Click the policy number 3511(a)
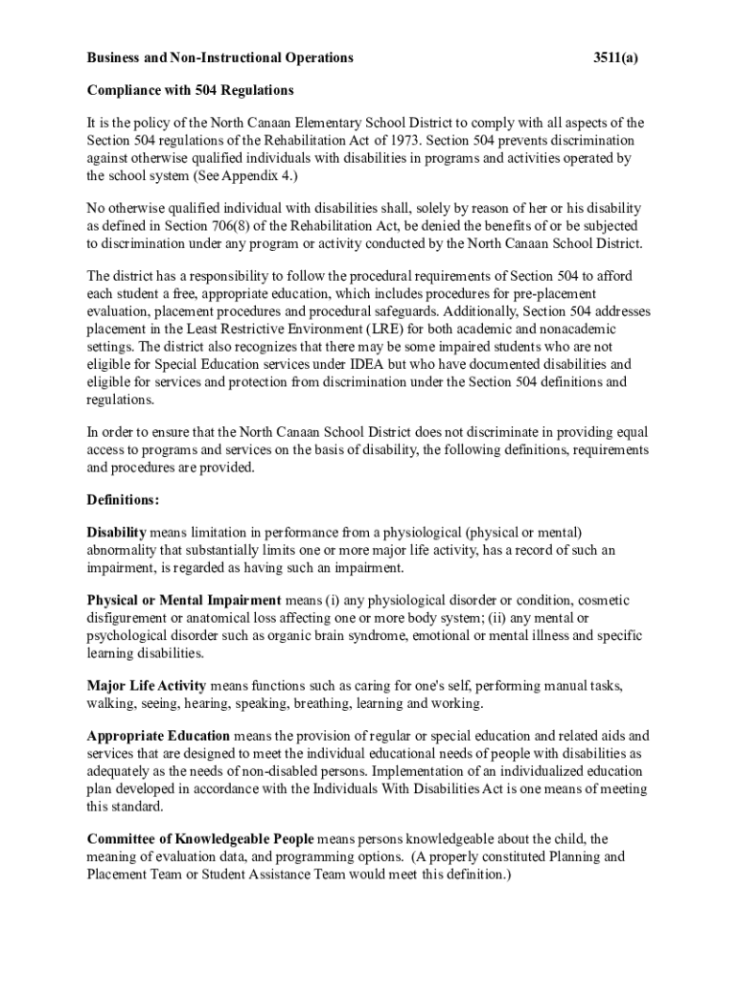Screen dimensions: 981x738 point(615,58)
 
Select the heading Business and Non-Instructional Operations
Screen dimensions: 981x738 point(220,58)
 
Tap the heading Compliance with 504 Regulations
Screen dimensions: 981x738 point(190,91)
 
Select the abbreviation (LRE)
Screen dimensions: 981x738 point(343,330)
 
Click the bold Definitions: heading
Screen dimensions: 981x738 point(123,500)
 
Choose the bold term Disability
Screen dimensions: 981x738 point(116,533)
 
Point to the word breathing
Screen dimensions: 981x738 point(322,704)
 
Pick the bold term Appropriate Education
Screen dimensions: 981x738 point(158,737)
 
